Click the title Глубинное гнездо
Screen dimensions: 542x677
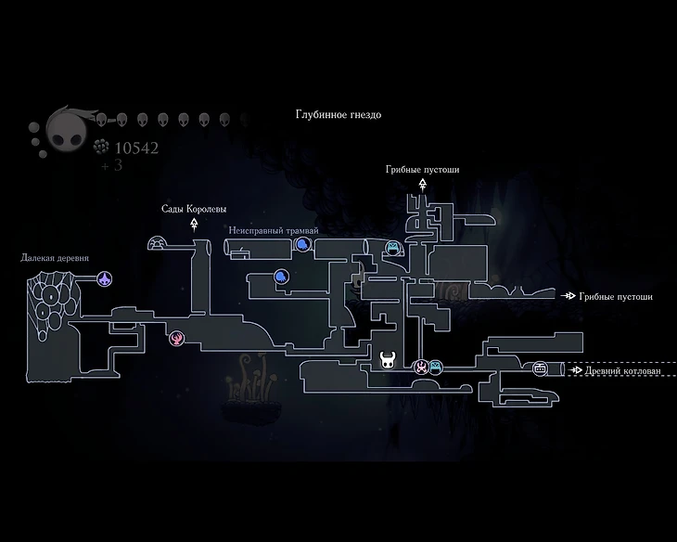(338, 115)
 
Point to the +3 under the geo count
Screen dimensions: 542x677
(112, 165)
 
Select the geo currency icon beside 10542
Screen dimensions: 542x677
(103, 147)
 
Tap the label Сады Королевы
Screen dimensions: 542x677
(193, 209)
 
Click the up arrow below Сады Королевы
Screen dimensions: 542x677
(194, 224)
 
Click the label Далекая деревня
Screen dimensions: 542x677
(55, 256)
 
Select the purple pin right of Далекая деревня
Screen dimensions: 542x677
(107, 278)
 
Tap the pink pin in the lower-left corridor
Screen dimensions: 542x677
(176, 339)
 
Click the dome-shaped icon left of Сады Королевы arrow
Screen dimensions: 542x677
(159, 243)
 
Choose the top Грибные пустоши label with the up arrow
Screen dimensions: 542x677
(422, 170)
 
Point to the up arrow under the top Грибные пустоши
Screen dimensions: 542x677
(422, 184)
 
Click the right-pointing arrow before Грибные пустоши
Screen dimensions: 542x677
(568, 297)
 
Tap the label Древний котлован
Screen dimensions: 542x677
(622, 370)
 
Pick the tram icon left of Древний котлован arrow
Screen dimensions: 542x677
(540, 369)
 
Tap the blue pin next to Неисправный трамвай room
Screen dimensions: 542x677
(302, 245)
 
